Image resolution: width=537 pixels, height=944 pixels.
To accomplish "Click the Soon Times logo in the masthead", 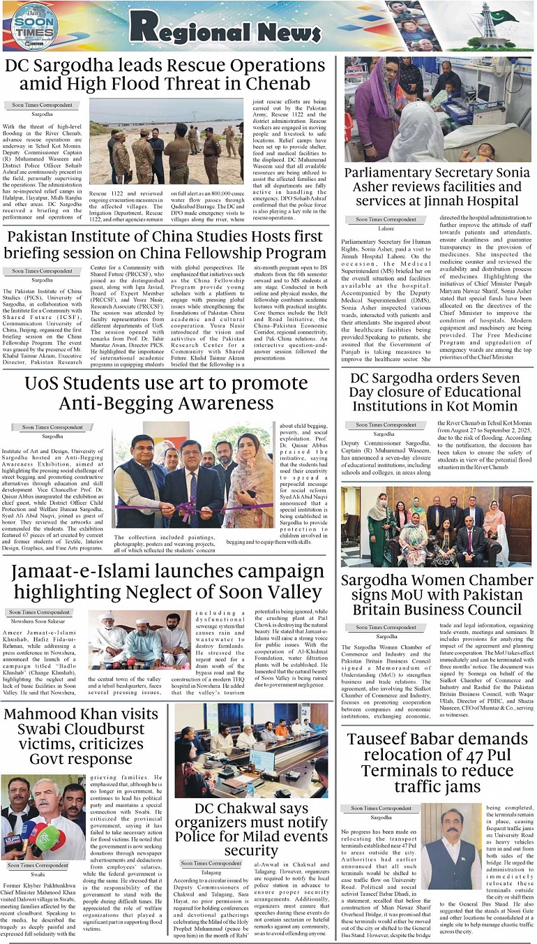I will click(36, 26).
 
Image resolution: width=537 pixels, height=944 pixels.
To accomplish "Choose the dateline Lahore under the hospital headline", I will click(386, 228).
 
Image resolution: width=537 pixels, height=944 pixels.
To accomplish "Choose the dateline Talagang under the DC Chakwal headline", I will click(211, 872).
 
